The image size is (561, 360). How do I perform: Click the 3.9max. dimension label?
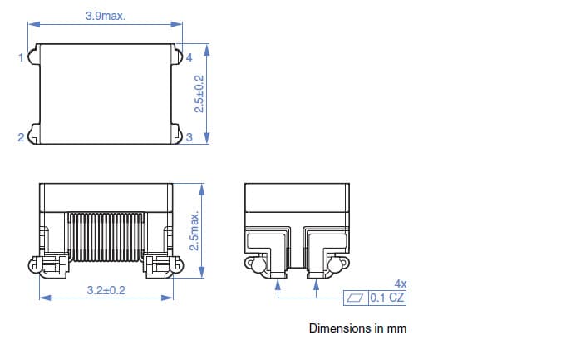(106, 16)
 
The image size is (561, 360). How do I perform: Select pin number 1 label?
(21, 58)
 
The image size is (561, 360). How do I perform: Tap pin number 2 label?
(21, 138)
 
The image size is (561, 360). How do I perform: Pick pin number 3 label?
(189, 138)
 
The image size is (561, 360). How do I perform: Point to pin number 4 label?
(189, 58)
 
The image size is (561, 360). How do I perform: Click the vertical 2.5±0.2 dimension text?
(199, 93)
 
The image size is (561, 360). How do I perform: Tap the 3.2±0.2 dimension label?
(106, 290)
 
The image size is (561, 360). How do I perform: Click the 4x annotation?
(400, 284)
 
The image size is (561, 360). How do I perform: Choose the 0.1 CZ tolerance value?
(388, 298)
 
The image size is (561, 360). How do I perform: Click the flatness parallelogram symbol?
(356, 298)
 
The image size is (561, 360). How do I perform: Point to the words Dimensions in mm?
(357, 328)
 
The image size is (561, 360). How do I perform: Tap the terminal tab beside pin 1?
(32, 57)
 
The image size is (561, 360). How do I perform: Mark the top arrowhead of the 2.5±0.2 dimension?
(206, 49)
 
